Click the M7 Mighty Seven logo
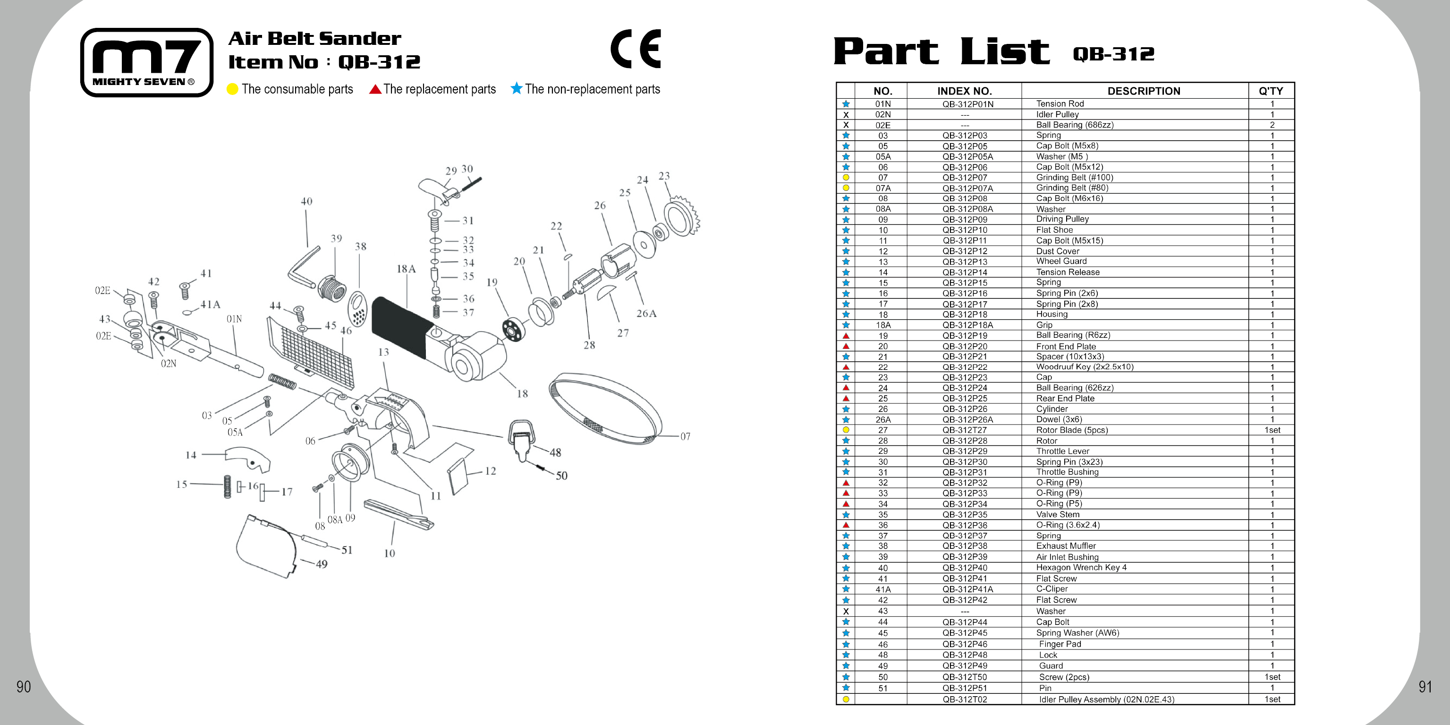pos(147,62)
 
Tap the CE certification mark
pos(636,49)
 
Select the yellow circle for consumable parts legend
pos(232,89)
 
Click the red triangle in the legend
pos(375,89)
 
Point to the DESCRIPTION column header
pos(1143,91)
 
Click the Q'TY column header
pos(1271,91)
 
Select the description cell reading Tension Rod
pos(1060,103)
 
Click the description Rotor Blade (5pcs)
pos(1072,430)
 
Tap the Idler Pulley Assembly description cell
pos(1106,699)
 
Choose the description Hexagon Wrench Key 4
pos(1081,567)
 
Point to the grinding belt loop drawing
pos(605,408)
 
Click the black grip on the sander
pos(401,326)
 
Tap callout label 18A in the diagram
pos(406,269)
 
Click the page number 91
pos(1425,687)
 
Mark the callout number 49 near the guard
pos(322,564)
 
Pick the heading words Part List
pos(941,52)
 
